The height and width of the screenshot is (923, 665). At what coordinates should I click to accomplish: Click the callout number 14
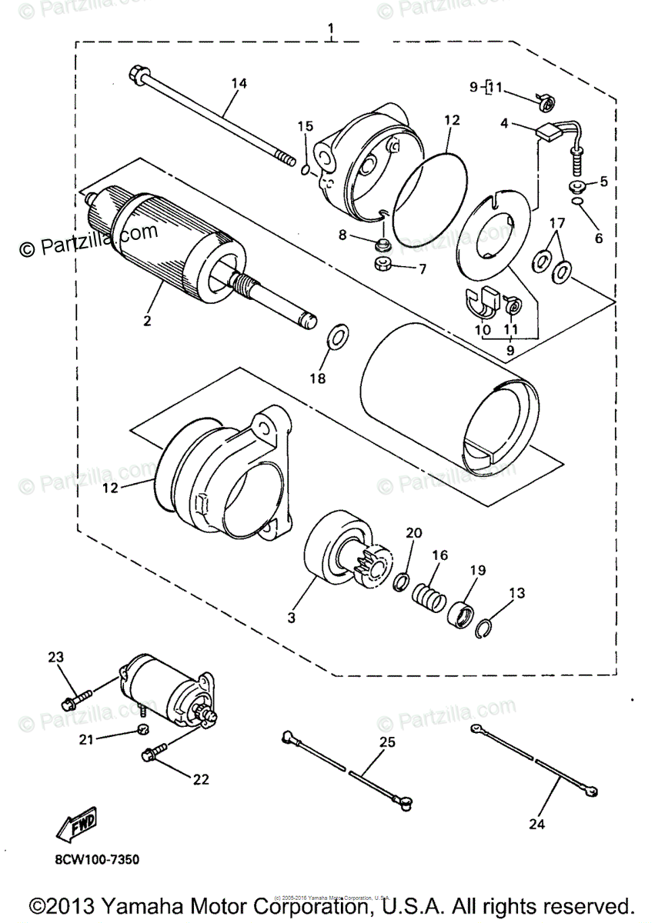point(239,84)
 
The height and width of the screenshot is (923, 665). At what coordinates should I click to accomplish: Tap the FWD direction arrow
point(76,825)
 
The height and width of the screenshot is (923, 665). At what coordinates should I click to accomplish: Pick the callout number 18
point(318,378)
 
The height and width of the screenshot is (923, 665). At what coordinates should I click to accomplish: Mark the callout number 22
point(201,779)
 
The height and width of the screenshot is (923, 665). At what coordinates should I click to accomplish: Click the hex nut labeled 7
point(382,265)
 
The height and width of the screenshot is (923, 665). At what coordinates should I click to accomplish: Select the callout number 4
point(503,122)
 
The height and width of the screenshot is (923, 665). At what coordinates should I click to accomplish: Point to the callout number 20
point(413,533)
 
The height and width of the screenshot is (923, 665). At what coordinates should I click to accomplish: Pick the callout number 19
point(478,571)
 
